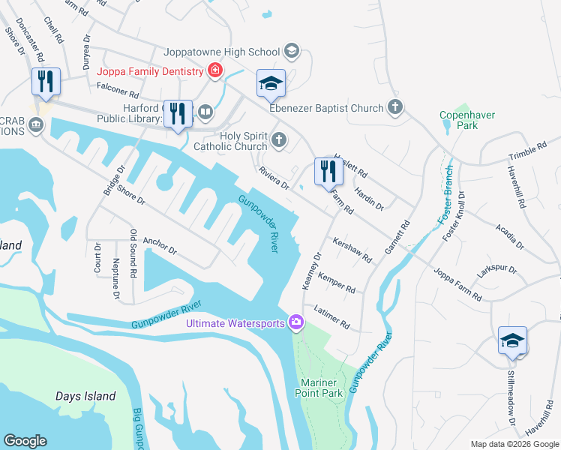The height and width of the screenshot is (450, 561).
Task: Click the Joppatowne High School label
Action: pos(223,52)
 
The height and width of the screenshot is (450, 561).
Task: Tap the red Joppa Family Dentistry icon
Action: pos(215,71)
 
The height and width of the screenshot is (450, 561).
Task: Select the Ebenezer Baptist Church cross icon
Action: pos(395,108)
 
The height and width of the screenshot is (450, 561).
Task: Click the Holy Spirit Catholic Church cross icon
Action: pos(279,139)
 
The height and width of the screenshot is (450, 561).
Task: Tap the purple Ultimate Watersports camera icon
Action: pos(297,323)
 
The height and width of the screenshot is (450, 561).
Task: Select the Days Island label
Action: pos(85,396)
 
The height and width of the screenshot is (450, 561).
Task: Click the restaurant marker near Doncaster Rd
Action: pos(46,82)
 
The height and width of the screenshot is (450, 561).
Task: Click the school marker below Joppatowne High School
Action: pos(271,84)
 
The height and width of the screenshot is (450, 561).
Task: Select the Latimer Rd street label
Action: pos(332,317)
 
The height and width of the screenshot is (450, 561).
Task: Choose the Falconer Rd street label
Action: pos(118,94)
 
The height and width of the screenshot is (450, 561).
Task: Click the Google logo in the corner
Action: pos(25,441)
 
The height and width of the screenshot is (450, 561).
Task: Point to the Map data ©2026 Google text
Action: pos(513,444)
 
